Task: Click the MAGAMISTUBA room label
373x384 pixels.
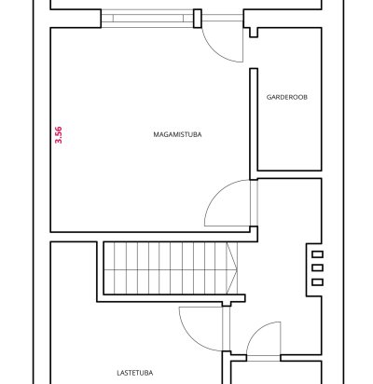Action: pos(177,134)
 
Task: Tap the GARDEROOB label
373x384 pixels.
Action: pos(287,97)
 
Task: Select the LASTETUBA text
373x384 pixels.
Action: pos(135,373)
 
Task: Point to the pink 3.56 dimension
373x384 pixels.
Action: pos(59,135)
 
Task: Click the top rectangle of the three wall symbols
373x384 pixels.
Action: pos(317,254)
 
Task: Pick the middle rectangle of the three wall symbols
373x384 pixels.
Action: pos(317,267)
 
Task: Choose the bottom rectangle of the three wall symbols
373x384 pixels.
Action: pos(317,282)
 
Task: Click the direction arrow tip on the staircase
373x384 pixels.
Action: pos(237,269)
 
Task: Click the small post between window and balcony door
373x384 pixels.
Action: pos(198,19)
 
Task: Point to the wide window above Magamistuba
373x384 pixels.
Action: pos(147,19)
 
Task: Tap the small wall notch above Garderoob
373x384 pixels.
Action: pos(254,33)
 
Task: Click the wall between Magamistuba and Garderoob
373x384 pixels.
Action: pos(254,124)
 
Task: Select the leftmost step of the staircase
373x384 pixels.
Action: pos(109,268)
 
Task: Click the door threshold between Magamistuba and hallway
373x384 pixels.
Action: pos(254,203)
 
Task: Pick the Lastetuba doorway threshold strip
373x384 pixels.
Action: pos(227,329)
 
